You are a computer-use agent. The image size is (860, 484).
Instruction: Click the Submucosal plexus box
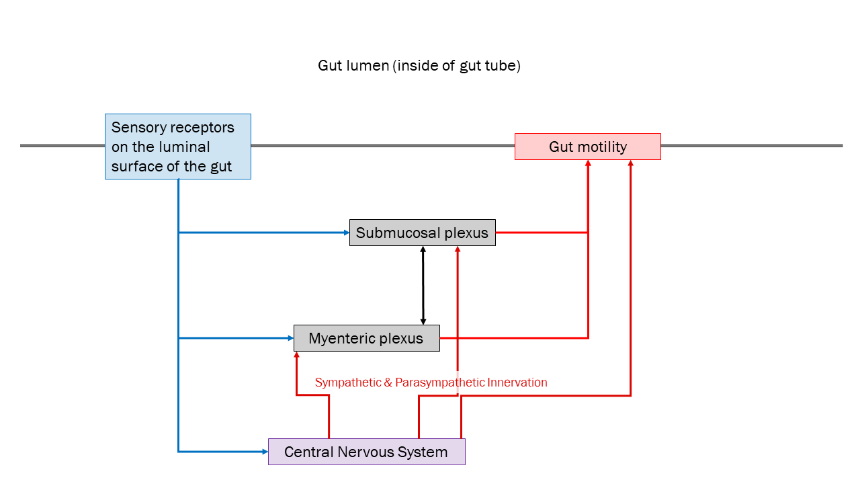(x=422, y=233)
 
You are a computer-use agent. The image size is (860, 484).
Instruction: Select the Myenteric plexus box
(x=366, y=338)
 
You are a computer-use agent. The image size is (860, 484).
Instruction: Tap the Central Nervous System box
(x=366, y=452)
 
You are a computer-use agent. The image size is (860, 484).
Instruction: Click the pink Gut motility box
(x=587, y=147)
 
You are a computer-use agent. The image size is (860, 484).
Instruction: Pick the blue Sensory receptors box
(x=177, y=147)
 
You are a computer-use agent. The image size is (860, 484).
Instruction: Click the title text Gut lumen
(x=419, y=66)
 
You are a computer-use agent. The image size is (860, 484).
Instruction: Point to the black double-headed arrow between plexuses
(x=423, y=286)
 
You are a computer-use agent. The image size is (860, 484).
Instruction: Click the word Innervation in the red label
(x=517, y=382)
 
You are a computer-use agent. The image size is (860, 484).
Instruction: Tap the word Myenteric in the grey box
(x=340, y=338)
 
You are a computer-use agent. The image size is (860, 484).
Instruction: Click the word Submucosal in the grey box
(x=394, y=233)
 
